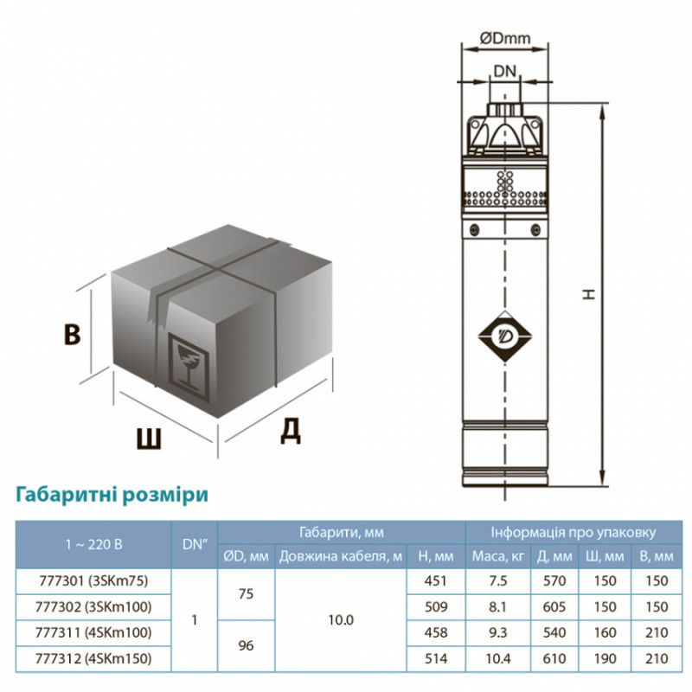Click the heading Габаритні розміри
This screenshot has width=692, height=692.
[x=111, y=495]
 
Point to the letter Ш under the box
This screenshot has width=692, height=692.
[x=149, y=439]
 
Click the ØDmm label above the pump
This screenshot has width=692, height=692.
[x=504, y=37]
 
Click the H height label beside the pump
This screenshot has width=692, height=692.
[x=589, y=294]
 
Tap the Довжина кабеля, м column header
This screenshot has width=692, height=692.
[x=341, y=556]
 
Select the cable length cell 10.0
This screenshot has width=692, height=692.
[x=341, y=620]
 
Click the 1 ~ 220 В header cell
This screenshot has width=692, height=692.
[x=93, y=544]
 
